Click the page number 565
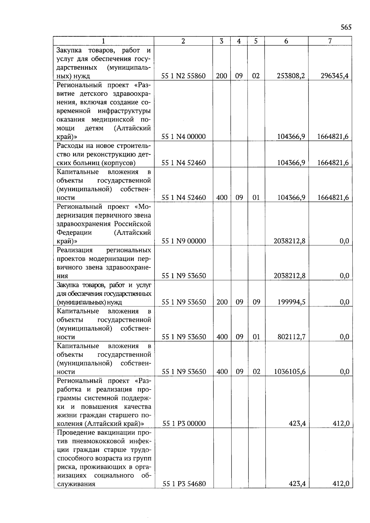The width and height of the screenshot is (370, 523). (x=346, y=27)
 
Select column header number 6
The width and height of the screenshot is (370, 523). (x=286, y=41)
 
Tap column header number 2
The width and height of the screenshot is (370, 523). (x=183, y=41)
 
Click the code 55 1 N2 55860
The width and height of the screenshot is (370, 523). (x=184, y=76)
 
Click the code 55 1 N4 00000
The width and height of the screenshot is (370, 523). (x=184, y=137)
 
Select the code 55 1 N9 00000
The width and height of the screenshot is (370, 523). (x=184, y=241)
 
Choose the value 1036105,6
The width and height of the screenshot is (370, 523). (x=290, y=372)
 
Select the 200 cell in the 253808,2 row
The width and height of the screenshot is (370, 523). (x=221, y=76)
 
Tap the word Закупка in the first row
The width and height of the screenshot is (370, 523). (x=68, y=50)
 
